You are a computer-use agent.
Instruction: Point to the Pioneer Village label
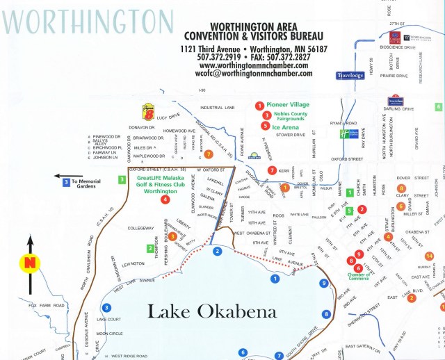[x=288, y=104]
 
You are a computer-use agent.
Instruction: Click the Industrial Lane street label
[x=218, y=108]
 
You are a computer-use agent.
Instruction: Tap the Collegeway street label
[x=140, y=227]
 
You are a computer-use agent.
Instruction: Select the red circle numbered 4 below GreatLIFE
[x=165, y=199]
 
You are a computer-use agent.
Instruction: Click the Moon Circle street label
[x=109, y=333]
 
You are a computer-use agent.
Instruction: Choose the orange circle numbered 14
[x=429, y=256]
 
